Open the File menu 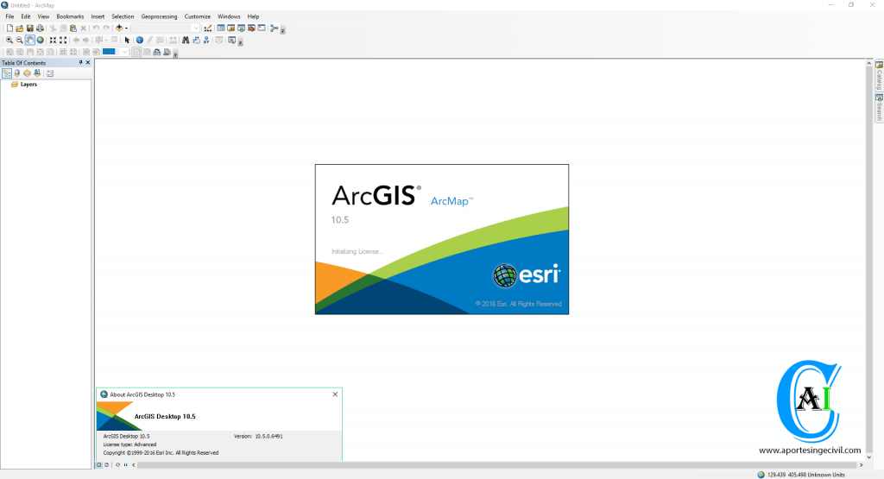click(9, 16)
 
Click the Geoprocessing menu click(159, 16)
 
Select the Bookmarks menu click(70, 16)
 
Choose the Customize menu click(198, 16)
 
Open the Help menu click(253, 16)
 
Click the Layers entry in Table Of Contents click(28, 85)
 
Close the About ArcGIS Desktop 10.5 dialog click(335, 394)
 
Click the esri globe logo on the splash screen click(504, 275)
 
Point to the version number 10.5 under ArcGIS click(340, 220)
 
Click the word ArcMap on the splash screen click(450, 201)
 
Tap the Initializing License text click(357, 251)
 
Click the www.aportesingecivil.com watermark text click(810, 451)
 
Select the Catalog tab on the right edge click(879, 76)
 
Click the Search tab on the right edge click(879, 108)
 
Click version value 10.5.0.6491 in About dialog click(269, 436)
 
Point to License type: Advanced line click(129, 444)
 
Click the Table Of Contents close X click(88, 62)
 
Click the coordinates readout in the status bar click(806, 475)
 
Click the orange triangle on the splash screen click(336, 280)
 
